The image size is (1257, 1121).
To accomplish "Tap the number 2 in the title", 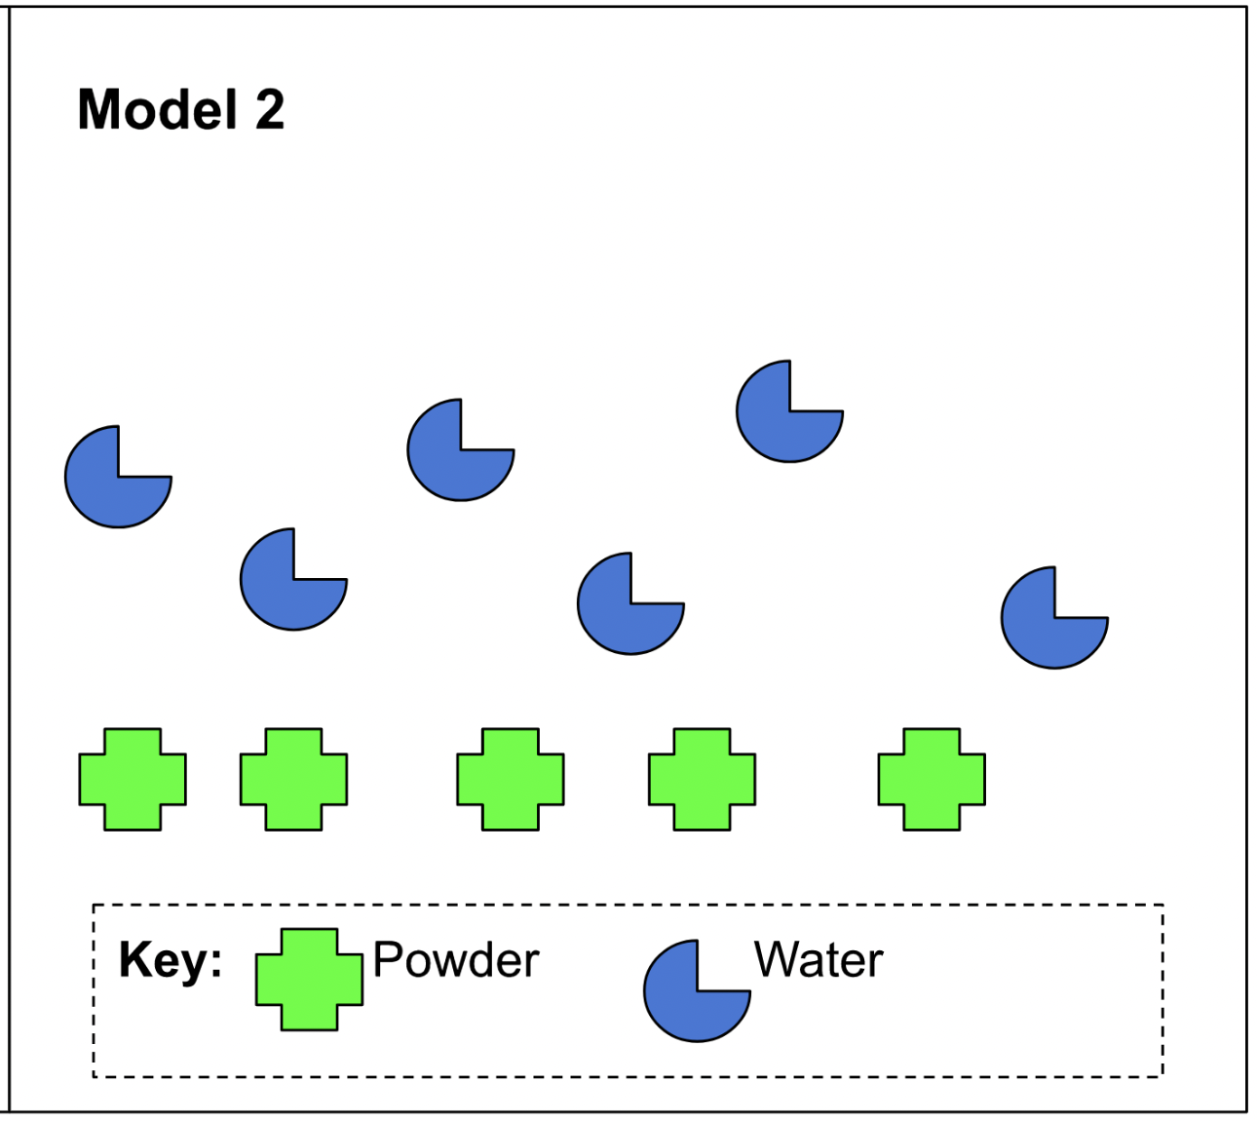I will (270, 109).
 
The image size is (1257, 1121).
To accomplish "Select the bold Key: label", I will (171, 961).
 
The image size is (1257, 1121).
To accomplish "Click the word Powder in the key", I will (456, 961).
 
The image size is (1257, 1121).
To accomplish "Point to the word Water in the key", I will (819, 960).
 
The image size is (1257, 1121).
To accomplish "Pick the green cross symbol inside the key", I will (309, 980).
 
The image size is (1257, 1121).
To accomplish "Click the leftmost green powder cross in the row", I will (133, 780).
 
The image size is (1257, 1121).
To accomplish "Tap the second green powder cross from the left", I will (293, 780).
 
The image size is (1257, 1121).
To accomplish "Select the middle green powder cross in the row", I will (511, 780).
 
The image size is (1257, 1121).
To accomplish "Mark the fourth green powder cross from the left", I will (702, 780).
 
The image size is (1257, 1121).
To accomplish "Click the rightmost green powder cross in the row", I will (932, 780).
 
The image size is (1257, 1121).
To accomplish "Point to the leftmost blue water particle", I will (113, 482).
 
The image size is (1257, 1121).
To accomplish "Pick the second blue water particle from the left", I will (288, 584).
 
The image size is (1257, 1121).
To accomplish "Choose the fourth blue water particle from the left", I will (626, 608).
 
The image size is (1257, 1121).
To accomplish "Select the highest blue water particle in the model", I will (784, 416).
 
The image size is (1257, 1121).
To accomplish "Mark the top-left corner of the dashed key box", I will (94, 906).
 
